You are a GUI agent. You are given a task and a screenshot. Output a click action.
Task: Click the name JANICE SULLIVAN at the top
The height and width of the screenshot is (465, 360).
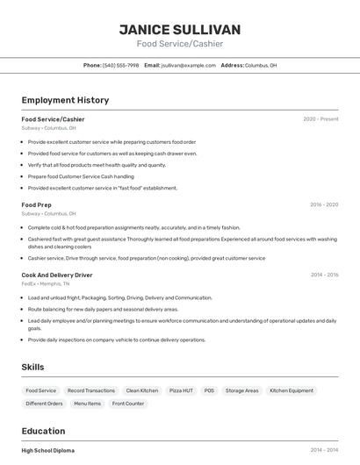point(180,30)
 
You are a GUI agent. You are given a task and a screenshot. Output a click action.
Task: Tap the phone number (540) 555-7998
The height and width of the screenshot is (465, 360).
point(121,65)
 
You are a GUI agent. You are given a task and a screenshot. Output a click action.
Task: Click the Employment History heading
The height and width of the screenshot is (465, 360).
point(65,100)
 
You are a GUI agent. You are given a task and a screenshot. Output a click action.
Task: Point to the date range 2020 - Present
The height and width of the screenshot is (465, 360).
point(320,119)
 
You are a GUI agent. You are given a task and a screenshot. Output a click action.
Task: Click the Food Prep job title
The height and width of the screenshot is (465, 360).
point(36,204)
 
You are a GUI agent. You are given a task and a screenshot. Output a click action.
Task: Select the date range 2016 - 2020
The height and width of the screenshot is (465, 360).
point(323,204)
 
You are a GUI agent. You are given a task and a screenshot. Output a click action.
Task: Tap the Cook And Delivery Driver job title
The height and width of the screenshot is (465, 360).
point(57,275)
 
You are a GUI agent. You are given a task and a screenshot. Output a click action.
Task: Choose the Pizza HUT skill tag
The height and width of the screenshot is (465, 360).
point(182,390)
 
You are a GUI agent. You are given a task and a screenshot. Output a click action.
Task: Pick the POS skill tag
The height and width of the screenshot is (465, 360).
point(209,390)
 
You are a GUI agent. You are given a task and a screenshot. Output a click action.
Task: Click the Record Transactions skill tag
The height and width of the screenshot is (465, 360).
point(91,390)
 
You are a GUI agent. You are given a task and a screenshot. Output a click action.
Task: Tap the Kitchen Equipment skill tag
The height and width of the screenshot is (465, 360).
point(292,390)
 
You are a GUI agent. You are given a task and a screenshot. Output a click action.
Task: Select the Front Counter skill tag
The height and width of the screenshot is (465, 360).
point(128,404)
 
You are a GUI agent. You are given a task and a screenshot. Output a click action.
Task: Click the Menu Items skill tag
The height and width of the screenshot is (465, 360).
point(87,404)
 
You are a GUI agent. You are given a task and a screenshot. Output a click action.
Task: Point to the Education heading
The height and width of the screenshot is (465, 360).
point(43,431)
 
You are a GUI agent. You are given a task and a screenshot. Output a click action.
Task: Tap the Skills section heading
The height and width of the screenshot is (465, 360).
point(32,367)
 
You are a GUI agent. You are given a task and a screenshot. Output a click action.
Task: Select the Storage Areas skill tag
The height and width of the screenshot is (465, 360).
point(241,390)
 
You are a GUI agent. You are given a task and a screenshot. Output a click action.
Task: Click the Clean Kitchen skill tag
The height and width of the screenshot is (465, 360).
point(142,390)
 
